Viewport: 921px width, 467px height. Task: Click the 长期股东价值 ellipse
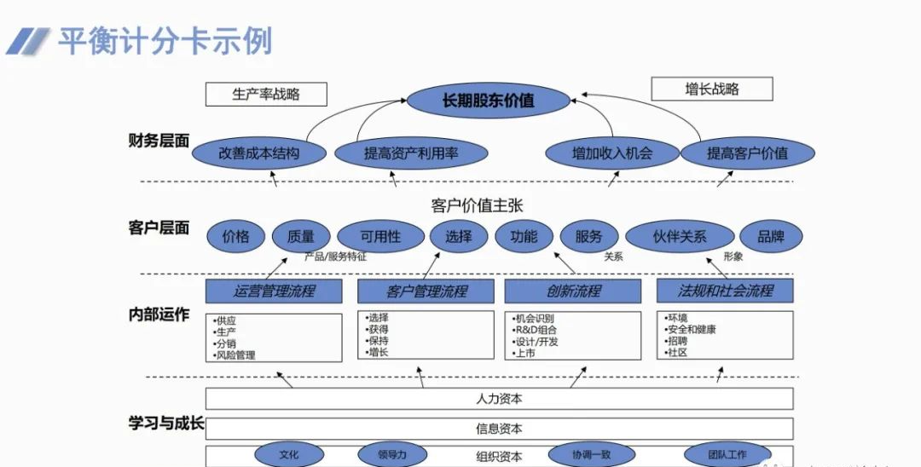[488, 101]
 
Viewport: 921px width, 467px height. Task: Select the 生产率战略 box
[266, 94]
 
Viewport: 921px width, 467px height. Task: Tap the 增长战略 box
[711, 89]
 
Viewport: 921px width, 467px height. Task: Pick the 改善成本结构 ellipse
[259, 153]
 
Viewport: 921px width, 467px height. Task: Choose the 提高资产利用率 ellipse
[411, 153]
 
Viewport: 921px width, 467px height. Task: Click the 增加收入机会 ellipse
[611, 153]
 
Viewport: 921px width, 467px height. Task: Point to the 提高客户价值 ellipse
[747, 153]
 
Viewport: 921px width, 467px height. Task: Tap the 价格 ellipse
[235, 236]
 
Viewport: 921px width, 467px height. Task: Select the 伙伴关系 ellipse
[680, 236]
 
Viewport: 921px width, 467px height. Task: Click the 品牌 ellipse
[770, 236]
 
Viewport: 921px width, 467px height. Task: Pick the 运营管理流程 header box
[274, 291]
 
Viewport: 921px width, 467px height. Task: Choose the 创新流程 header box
[573, 291]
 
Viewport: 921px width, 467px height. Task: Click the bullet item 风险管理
[236, 355]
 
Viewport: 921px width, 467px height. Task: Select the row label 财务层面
[159, 141]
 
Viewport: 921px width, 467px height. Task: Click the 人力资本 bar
[499, 398]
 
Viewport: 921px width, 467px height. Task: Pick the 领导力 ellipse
[392, 455]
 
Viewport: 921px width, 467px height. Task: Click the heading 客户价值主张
[476, 205]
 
